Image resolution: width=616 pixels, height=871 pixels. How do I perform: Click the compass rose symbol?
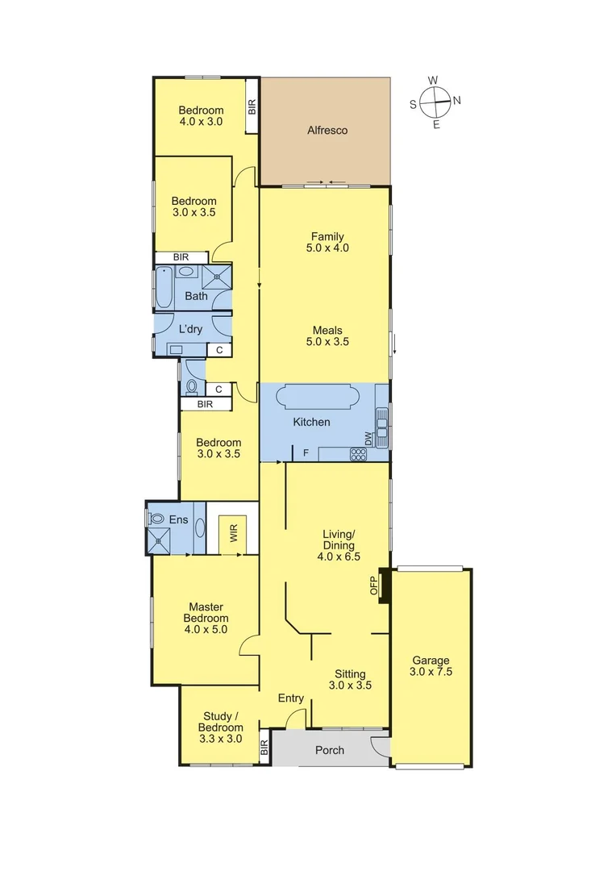435,102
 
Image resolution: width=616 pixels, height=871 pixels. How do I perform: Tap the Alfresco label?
327,130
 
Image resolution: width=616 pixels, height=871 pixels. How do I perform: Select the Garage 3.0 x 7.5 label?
430,665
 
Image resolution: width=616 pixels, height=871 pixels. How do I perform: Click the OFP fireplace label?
374,586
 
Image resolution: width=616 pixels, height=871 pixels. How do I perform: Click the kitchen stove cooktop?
358,454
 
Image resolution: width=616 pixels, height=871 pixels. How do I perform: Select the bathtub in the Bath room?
164,287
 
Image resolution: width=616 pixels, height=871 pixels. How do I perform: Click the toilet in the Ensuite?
157,519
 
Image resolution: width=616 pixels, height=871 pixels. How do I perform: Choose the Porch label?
330,750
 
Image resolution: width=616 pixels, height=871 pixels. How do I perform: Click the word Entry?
290,698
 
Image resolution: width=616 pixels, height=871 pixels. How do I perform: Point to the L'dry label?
190,329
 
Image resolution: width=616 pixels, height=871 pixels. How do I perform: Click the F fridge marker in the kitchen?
306,453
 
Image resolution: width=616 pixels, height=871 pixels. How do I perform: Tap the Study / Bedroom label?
221,722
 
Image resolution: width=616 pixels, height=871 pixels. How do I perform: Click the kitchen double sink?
381,427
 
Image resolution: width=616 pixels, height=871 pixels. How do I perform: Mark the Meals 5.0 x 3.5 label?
327,335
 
